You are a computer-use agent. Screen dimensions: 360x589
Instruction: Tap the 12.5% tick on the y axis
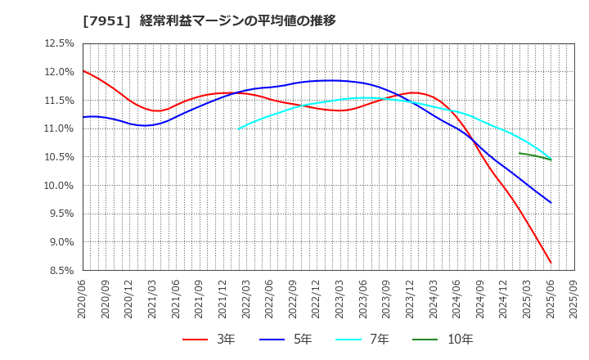click(x=58, y=43)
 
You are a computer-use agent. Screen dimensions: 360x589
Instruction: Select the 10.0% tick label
click(x=58, y=186)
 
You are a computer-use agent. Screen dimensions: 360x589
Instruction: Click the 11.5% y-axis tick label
click(x=58, y=101)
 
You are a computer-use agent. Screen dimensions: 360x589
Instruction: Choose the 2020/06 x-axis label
click(x=83, y=299)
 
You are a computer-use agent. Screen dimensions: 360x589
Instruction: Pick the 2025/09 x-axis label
click(x=574, y=299)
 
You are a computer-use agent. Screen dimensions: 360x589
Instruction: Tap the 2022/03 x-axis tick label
click(x=246, y=299)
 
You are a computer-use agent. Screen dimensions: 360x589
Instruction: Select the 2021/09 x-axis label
click(x=200, y=299)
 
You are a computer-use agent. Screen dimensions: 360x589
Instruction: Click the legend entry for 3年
click(x=209, y=340)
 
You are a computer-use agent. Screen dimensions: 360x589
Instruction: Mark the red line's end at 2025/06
click(x=551, y=263)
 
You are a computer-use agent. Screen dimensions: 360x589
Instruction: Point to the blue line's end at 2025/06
click(x=551, y=202)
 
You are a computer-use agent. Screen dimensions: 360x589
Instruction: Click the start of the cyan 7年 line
click(x=239, y=128)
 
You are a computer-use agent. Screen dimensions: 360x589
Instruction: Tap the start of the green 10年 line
click(x=519, y=153)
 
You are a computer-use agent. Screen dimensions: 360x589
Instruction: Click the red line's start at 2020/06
click(x=83, y=70)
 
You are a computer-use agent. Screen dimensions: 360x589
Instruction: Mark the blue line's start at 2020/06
click(x=83, y=117)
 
